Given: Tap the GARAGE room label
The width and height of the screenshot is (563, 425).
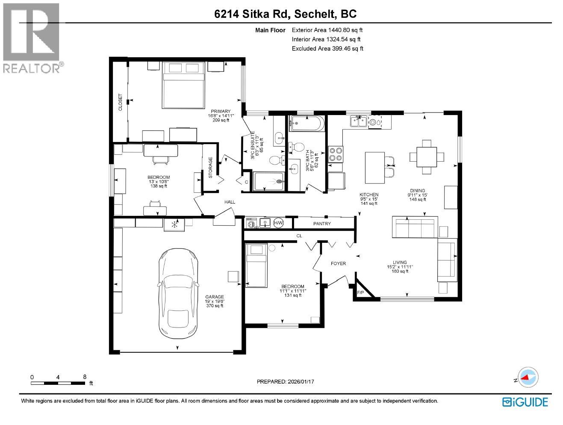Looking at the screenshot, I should (215, 297).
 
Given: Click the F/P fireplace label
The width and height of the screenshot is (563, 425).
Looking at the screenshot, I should (360, 293).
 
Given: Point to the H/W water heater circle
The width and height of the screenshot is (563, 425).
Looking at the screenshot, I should (278, 223).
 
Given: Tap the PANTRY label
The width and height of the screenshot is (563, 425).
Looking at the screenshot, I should (322, 224).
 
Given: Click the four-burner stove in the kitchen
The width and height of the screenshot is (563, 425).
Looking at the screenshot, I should (336, 154).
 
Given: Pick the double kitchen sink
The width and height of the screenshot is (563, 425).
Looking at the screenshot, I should (359, 122).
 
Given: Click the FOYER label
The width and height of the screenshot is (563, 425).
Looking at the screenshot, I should (338, 263).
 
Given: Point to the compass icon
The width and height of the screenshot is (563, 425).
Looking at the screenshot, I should (529, 378).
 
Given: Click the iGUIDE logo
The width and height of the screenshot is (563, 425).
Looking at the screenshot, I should (525, 402).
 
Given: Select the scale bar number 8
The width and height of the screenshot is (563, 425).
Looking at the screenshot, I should (85, 377).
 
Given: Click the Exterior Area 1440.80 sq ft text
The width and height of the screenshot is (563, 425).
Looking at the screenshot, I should (327, 30).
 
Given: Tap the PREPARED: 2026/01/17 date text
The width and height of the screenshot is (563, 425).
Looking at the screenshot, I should (287, 381).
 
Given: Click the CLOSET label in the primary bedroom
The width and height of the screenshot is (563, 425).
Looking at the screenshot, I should (121, 103).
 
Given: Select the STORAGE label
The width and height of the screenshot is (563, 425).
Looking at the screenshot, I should (210, 168).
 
